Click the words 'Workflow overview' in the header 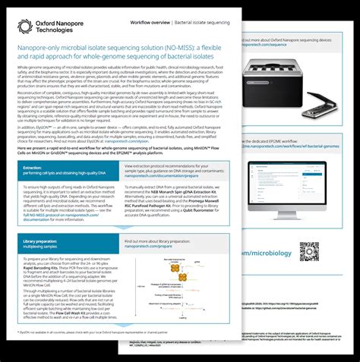pyautogui.click(x=150, y=24)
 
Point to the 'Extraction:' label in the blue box pyautogui.click(x=33, y=166)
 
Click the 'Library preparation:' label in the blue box pyautogui.click(x=43, y=241)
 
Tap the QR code pyautogui.click(x=309, y=251)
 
